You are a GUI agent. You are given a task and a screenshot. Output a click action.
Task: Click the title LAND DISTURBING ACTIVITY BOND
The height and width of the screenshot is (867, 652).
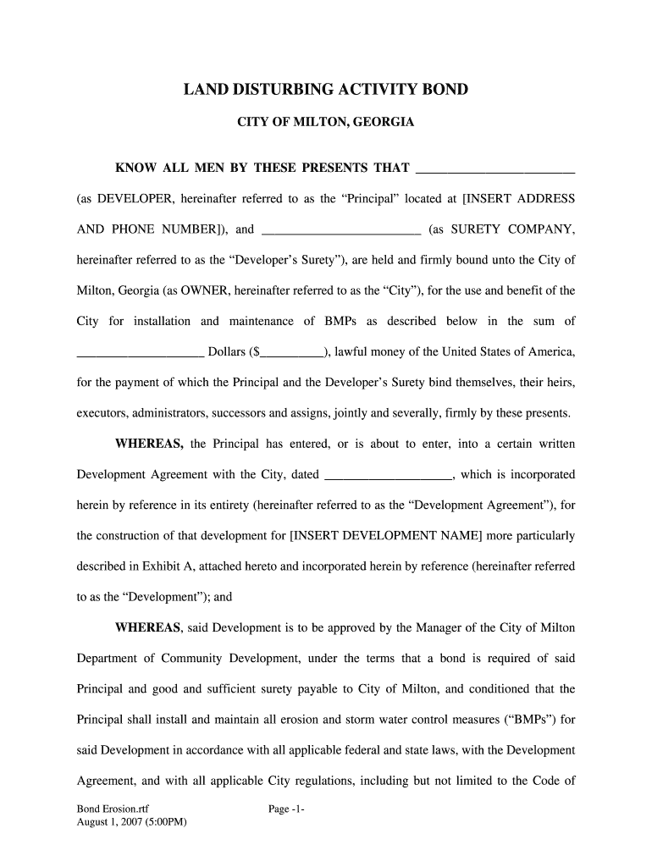(325, 90)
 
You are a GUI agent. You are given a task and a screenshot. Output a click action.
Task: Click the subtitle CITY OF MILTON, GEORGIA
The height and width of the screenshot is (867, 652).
(325, 123)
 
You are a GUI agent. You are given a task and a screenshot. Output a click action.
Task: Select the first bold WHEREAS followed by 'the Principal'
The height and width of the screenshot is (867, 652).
(150, 444)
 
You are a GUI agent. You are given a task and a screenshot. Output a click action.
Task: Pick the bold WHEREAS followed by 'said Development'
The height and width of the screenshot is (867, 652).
(148, 627)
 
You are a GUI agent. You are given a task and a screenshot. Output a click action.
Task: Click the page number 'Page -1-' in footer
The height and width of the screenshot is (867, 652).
(286, 809)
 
